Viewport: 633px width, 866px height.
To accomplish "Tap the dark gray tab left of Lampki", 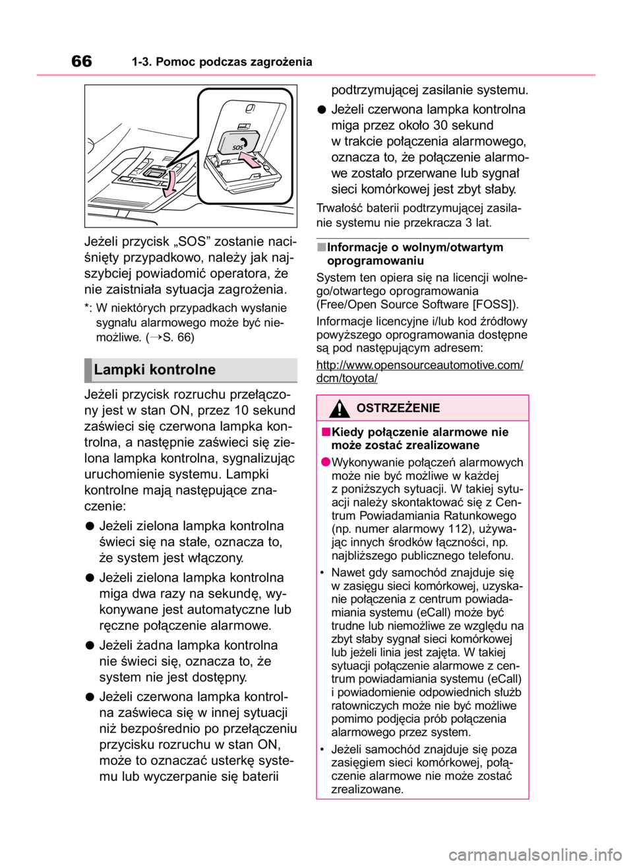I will pyautogui.click(x=87, y=370).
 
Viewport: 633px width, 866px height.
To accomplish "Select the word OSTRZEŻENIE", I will pyautogui.click(x=398, y=408).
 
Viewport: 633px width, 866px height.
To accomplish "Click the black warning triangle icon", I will pyautogui.click(x=340, y=409).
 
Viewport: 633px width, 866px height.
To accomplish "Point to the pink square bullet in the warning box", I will pyautogui.click(x=326, y=432).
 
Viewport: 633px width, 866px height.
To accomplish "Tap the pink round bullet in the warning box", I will pyautogui.click(x=326, y=462).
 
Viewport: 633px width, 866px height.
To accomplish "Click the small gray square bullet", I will pyautogui.click(x=321, y=247).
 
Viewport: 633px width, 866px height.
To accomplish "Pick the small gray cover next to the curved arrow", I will pyautogui.click(x=153, y=173).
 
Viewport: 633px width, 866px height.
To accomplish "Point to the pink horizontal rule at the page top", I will pyautogui.click(x=316, y=75).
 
